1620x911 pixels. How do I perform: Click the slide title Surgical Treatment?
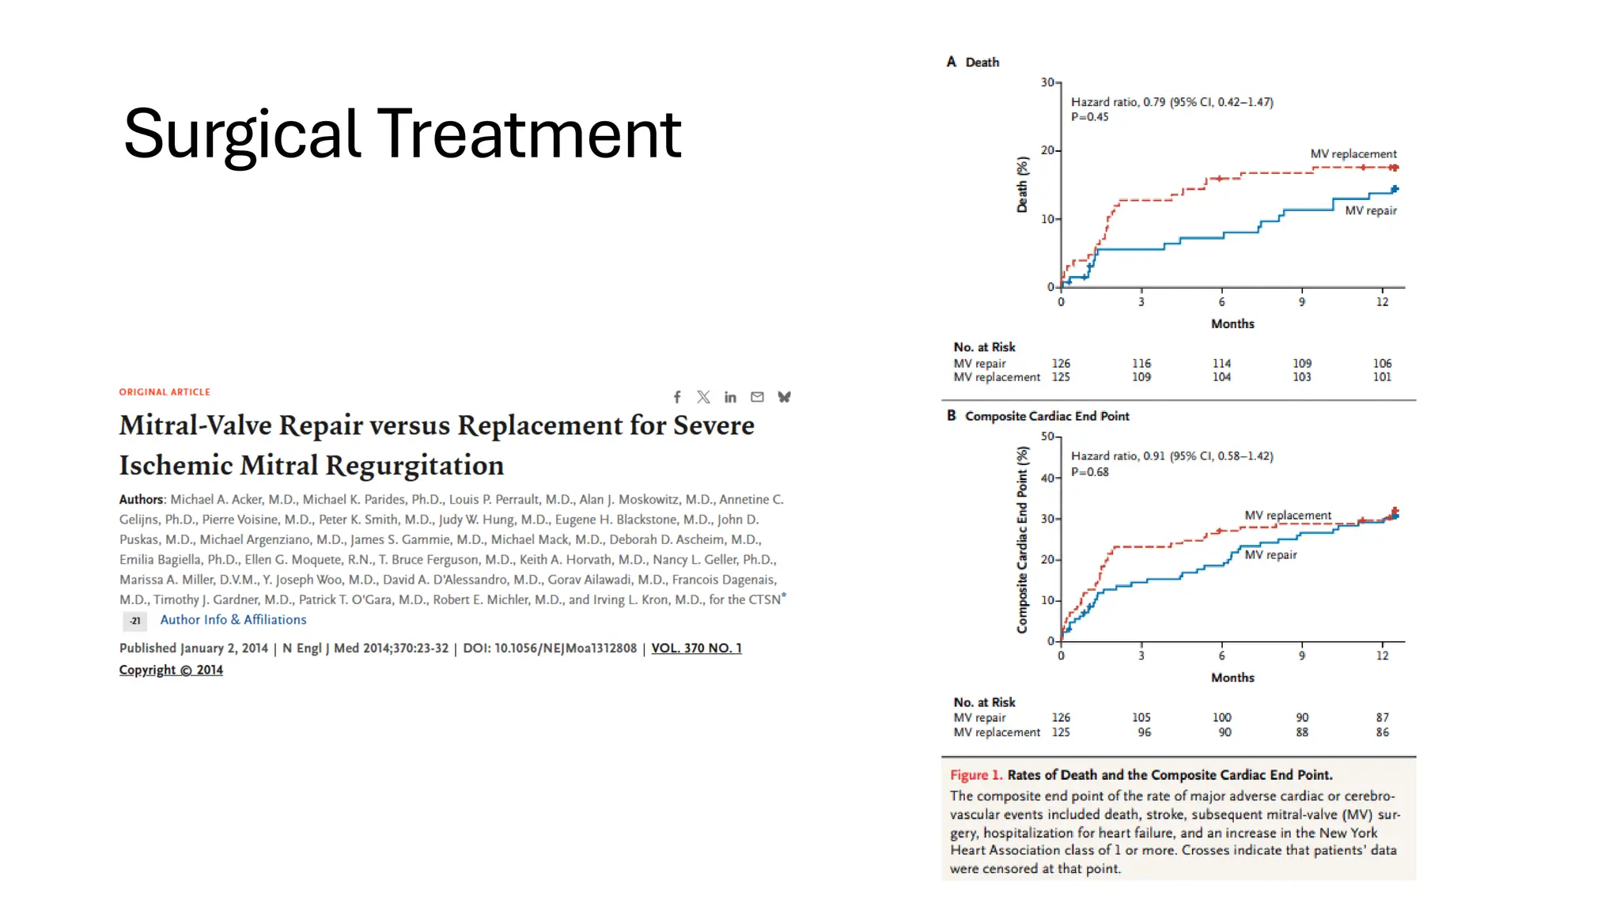(x=402, y=134)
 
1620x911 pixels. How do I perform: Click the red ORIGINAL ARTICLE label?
(x=165, y=392)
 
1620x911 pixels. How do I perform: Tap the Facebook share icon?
(x=677, y=397)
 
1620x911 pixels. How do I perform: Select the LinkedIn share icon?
(x=730, y=397)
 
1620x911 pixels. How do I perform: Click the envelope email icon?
(x=757, y=397)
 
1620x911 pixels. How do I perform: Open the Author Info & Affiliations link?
(x=233, y=620)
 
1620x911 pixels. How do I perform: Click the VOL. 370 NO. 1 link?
(x=696, y=648)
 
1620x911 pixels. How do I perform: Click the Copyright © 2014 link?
(x=171, y=671)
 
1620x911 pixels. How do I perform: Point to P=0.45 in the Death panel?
(x=1089, y=117)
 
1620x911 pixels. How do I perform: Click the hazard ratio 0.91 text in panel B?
(x=1171, y=456)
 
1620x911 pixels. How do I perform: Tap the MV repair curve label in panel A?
(x=1370, y=211)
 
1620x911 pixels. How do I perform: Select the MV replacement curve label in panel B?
(x=1287, y=516)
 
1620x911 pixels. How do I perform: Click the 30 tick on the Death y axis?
(x=1047, y=82)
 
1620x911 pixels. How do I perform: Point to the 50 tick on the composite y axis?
(x=1047, y=437)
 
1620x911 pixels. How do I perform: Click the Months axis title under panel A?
(x=1232, y=324)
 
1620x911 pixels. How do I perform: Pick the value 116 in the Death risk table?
(x=1141, y=364)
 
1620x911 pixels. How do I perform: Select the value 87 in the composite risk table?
(x=1381, y=718)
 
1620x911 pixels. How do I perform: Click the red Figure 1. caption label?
(x=975, y=775)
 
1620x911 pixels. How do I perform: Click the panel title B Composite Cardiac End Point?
(x=1038, y=416)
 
